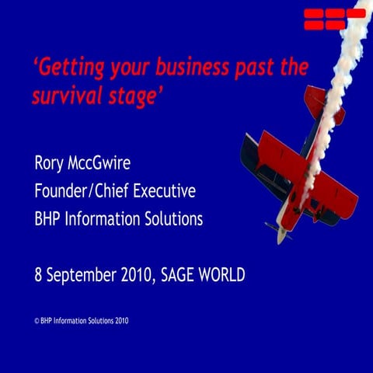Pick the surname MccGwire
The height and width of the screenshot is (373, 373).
click(110, 164)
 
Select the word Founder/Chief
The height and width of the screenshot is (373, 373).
click(84, 191)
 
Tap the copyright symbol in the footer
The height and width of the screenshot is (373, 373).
click(36, 320)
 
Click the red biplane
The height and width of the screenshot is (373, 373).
click(299, 175)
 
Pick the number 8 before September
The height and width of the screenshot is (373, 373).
click(39, 274)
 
